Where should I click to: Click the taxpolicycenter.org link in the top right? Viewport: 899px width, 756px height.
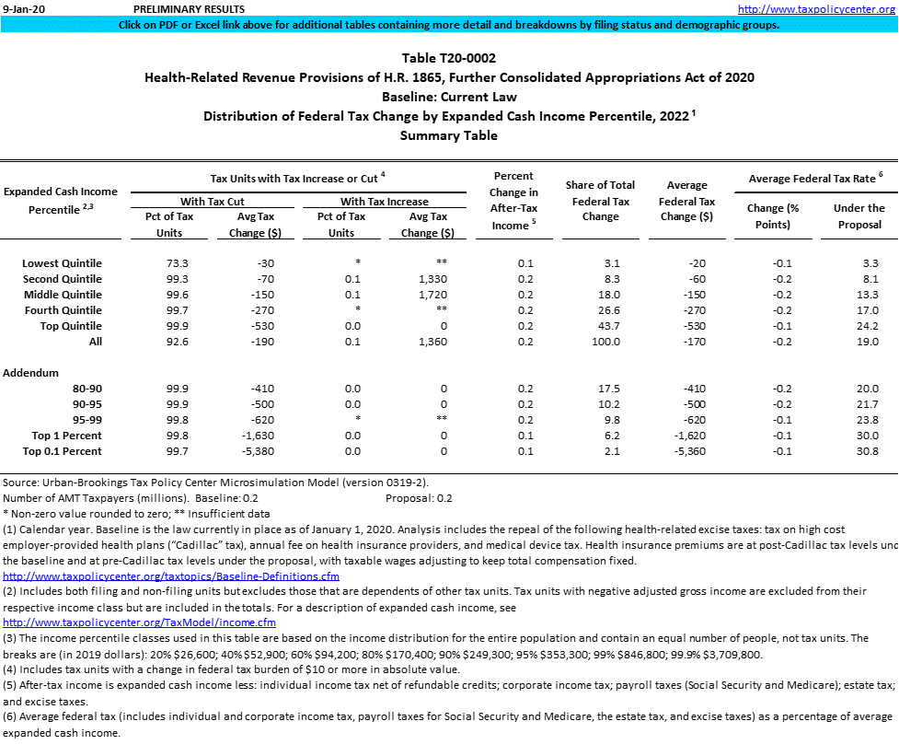tap(816, 9)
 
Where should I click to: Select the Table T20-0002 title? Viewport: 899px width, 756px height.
tap(448, 58)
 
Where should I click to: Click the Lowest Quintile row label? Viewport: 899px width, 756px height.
tap(62, 263)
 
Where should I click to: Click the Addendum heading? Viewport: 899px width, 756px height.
tap(30, 373)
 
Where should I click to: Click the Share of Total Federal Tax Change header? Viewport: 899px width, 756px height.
tap(600, 201)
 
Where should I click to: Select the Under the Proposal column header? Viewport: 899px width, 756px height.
tap(859, 216)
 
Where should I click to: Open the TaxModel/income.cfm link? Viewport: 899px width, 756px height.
tap(139, 622)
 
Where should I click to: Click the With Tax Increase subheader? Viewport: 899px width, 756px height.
tap(384, 202)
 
